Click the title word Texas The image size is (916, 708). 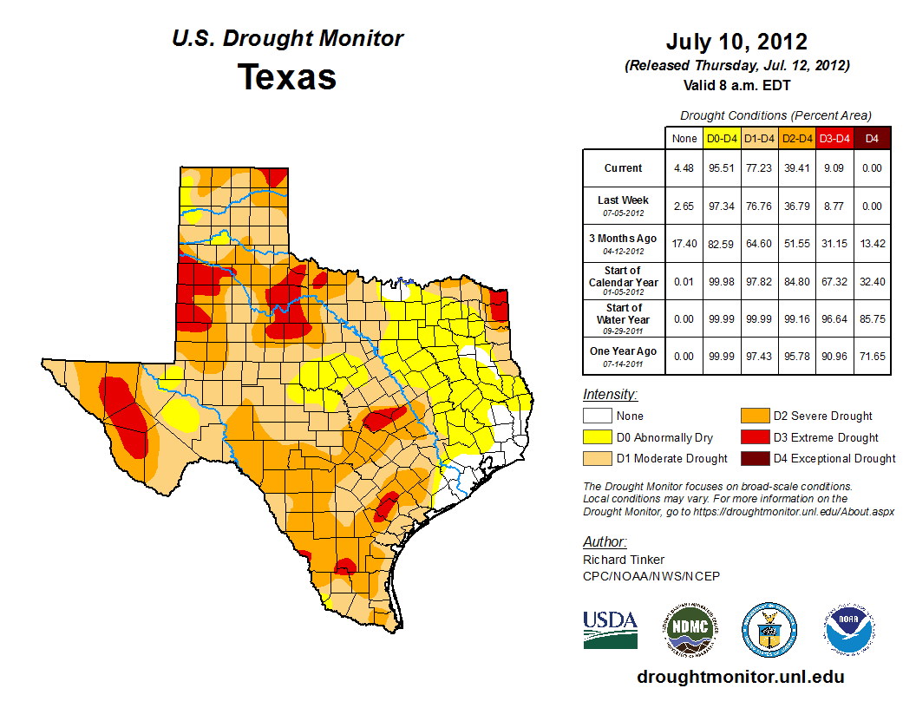click(x=287, y=77)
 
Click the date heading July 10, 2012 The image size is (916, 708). click(x=736, y=42)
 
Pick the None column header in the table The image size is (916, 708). click(x=684, y=138)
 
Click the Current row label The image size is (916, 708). click(x=624, y=168)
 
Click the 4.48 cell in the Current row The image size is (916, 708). click(x=684, y=168)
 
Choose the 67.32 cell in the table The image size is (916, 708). click(x=834, y=281)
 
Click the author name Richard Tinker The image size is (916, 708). click(x=624, y=560)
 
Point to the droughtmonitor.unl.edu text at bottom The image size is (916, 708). click(x=740, y=677)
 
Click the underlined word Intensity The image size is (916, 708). click(x=610, y=395)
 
